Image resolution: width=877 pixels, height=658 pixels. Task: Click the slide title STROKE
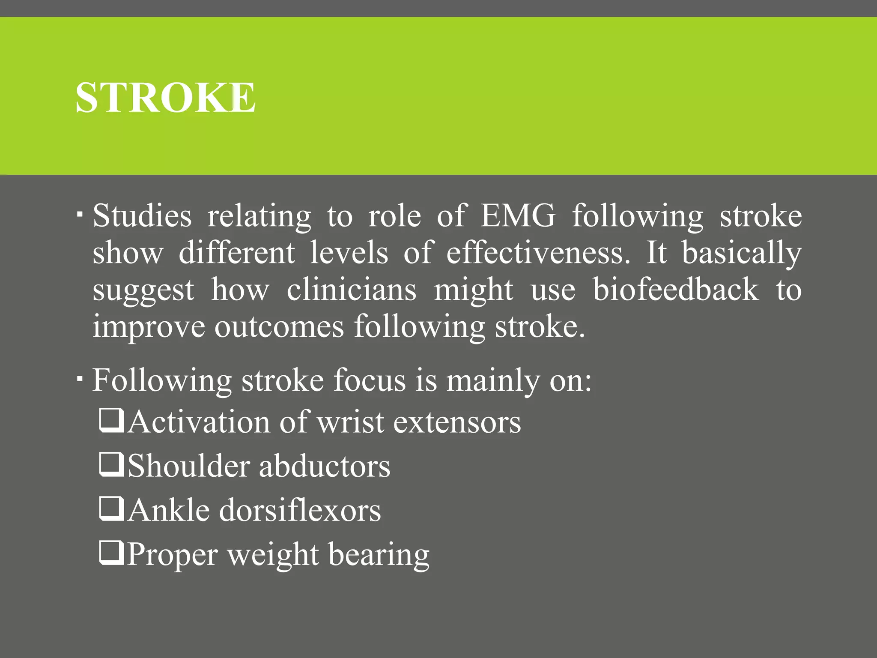tap(166, 98)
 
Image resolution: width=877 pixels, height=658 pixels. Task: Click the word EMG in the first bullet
tap(518, 215)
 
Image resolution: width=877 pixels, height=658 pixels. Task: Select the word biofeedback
tap(676, 290)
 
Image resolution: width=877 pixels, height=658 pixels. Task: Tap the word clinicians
tap(351, 290)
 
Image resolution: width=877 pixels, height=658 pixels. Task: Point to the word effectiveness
tap(538, 253)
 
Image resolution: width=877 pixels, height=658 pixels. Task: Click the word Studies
tap(142, 215)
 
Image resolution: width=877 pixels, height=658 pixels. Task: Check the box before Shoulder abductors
tap(111, 465)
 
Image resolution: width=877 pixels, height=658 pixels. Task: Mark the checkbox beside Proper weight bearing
tap(111, 553)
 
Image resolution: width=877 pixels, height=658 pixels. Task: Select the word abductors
tap(325, 467)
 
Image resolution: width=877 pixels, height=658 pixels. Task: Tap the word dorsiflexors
tap(300, 511)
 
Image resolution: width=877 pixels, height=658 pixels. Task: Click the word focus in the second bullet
tap(369, 380)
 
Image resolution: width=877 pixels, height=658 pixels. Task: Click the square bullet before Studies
tap(80, 213)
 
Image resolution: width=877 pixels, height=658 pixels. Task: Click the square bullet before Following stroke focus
tap(80, 378)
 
